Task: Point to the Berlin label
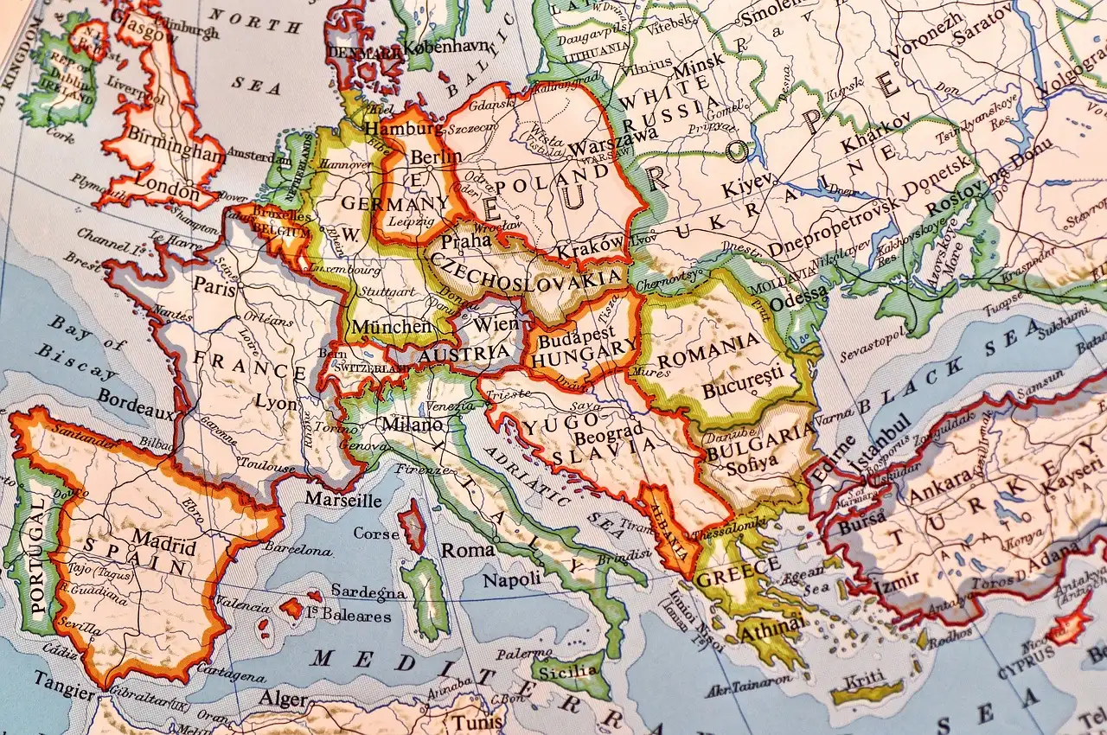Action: tap(436, 157)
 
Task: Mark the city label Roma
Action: tap(468, 550)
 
